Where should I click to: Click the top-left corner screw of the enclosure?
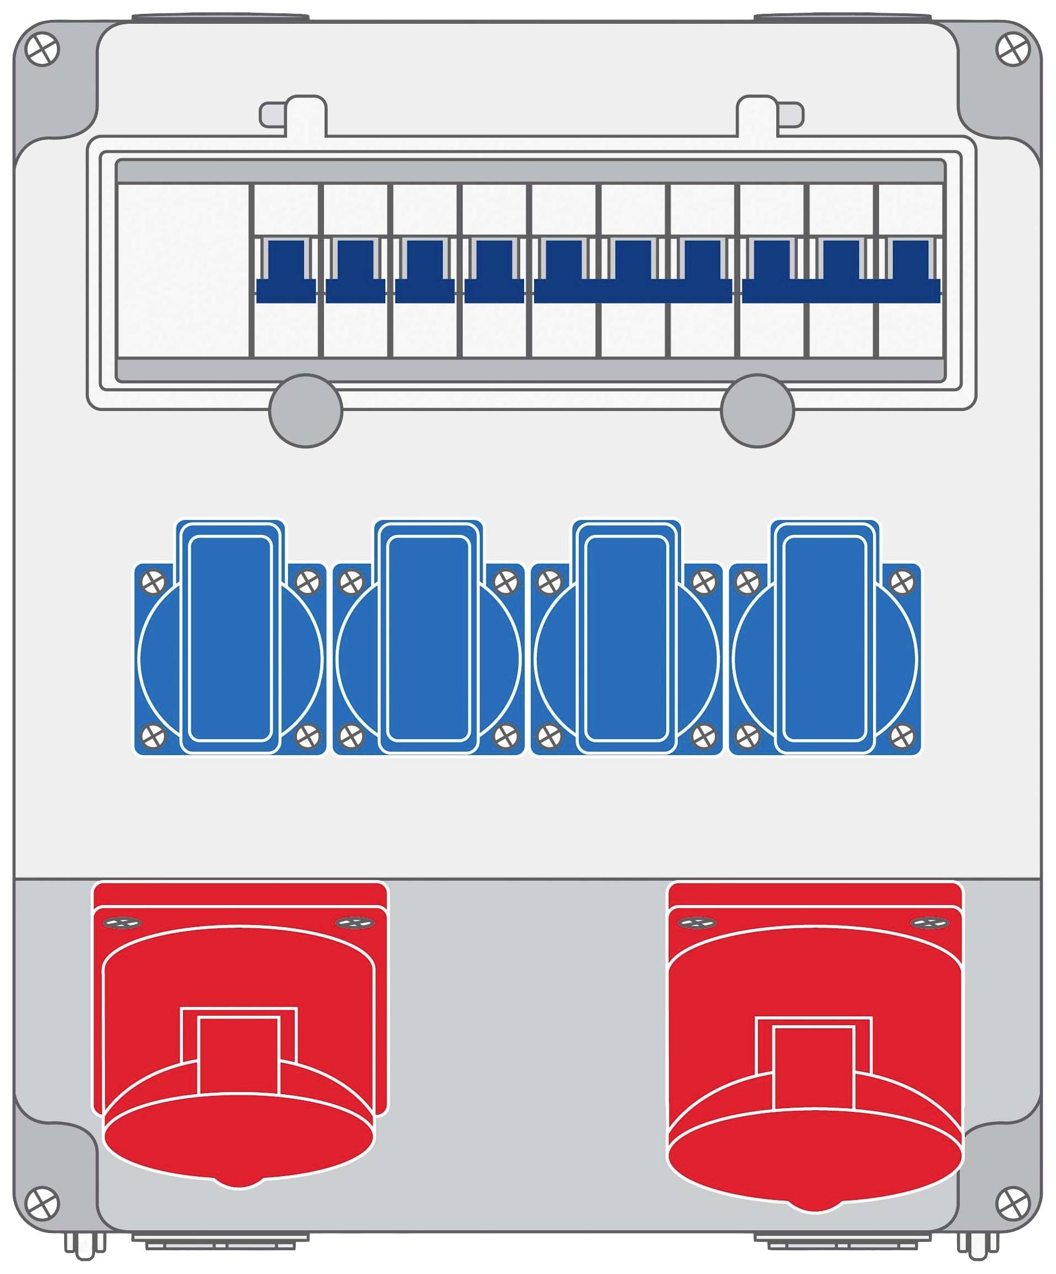43,50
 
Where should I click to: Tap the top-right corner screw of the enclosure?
1013,50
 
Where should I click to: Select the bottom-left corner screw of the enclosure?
43,1203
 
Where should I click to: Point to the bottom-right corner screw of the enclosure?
1013,1203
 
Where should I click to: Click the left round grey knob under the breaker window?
306,410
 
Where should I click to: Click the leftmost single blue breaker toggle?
285,271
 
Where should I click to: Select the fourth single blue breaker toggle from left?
494,271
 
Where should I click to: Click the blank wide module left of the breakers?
182,271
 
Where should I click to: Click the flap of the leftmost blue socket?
230,638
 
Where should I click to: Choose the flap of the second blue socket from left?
428,638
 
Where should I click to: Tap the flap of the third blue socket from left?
627,638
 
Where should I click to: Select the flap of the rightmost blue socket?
824,638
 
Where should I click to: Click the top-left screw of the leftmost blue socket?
153,582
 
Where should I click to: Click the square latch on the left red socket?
238,1055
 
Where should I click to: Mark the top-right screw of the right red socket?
930,923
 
